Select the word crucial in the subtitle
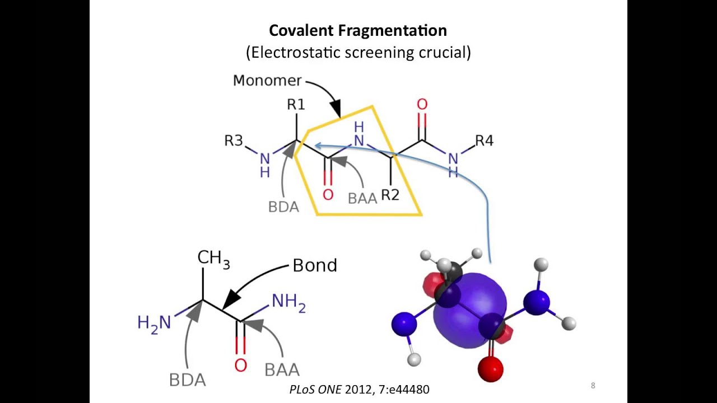(x=444, y=53)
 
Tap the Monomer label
(x=267, y=81)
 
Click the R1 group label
(x=296, y=104)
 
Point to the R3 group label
(x=234, y=140)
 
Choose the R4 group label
(x=484, y=140)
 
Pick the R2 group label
(x=390, y=195)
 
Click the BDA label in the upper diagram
(x=283, y=207)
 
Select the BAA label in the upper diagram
(x=362, y=199)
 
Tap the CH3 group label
(x=213, y=258)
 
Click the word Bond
(x=315, y=265)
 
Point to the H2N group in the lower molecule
(x=154, y=323)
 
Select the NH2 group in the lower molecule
(x=288, y=302)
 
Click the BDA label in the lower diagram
(x=187, y=380)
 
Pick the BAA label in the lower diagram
(x=282, y=370)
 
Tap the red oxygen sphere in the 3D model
(x=490, y=369)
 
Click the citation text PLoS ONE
(x=315, y=389)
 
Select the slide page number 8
(x=593, y=385)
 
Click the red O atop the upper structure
(x=422, y=105)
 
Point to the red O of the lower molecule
(x=240, y=365)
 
